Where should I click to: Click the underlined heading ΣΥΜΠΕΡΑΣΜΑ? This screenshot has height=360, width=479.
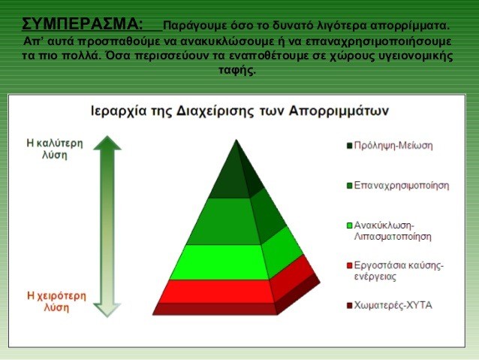pos(83,24)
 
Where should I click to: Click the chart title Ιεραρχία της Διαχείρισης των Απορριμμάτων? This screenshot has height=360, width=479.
pos(239,111)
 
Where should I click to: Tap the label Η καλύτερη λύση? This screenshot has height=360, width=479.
pos(55,149)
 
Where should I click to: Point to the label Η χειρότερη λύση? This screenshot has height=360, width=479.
pos(56,301)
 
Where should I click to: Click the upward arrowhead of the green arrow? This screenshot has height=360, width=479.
pos(107,143)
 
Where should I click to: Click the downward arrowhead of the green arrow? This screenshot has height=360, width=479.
pos(107,310)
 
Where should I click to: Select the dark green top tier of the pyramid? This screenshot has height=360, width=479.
pos(235,174)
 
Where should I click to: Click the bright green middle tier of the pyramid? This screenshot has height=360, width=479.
pos(235,262)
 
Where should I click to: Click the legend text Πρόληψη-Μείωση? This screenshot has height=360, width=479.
pos(393,146)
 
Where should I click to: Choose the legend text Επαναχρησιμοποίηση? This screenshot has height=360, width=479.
pos(402,186)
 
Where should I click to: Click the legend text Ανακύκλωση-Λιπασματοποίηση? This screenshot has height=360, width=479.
pos(393,231)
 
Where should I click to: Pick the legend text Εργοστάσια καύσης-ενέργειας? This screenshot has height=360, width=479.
pos(399,271)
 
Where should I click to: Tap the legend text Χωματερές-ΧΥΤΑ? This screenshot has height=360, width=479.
pos(393,305)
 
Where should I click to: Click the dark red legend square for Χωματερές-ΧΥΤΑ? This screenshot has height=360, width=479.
pos(349,306)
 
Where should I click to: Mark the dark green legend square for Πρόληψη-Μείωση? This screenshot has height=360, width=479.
pos(349,146)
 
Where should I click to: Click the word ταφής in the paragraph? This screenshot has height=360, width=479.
pos(237,70)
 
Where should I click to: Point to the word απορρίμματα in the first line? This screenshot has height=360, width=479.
pos(410,26)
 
